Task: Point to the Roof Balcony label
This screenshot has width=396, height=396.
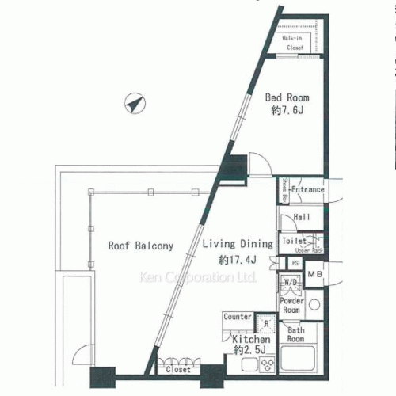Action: pyautogui.click(x=140, y=246)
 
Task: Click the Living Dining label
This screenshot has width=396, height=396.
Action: pyautogui.click(x=236, y=244)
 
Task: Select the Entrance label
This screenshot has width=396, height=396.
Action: pyautogui.click(x=307, y=190)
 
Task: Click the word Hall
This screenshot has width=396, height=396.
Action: pyautogui.click(x=301, y=216)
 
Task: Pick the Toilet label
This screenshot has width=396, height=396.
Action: pyautogui.click(x=294, y=240)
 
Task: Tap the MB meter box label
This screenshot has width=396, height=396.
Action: pyautogui.click(x=315, y=275)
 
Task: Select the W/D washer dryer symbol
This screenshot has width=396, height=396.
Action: pyautogui.click(x=290, y=283)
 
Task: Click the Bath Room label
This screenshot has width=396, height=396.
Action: pyautogui.click(x=296, y=333)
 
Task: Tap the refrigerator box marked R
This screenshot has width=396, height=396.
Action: pyautogui.click(x=265, y=323)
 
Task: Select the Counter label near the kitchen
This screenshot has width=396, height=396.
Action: pyautogui.click(x=238, y=317)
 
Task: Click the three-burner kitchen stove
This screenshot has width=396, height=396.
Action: pyautogui.click(x=267, y=364)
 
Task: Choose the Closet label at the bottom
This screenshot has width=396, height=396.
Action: pyautogui.click(x=178, y=369)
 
